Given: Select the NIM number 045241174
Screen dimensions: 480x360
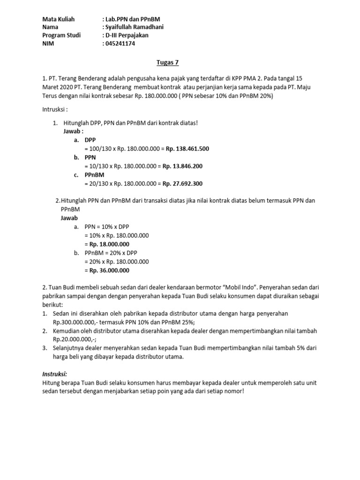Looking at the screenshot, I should click(x=122, y=44).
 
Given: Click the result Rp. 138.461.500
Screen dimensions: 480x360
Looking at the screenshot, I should click(x=186, y=149).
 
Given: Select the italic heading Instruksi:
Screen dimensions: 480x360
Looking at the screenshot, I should click(x=54, y=374).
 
